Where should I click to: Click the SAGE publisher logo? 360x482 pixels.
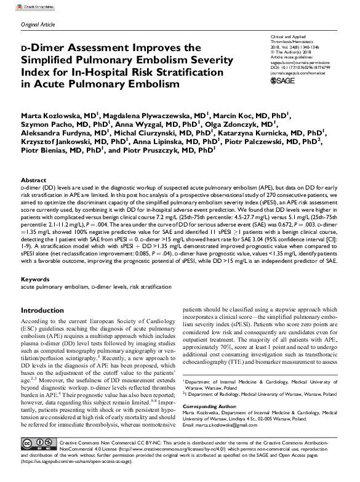coord(283,80)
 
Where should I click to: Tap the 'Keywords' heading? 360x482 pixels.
coord(34,279)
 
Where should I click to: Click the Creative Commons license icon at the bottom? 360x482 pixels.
coord(38,460)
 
